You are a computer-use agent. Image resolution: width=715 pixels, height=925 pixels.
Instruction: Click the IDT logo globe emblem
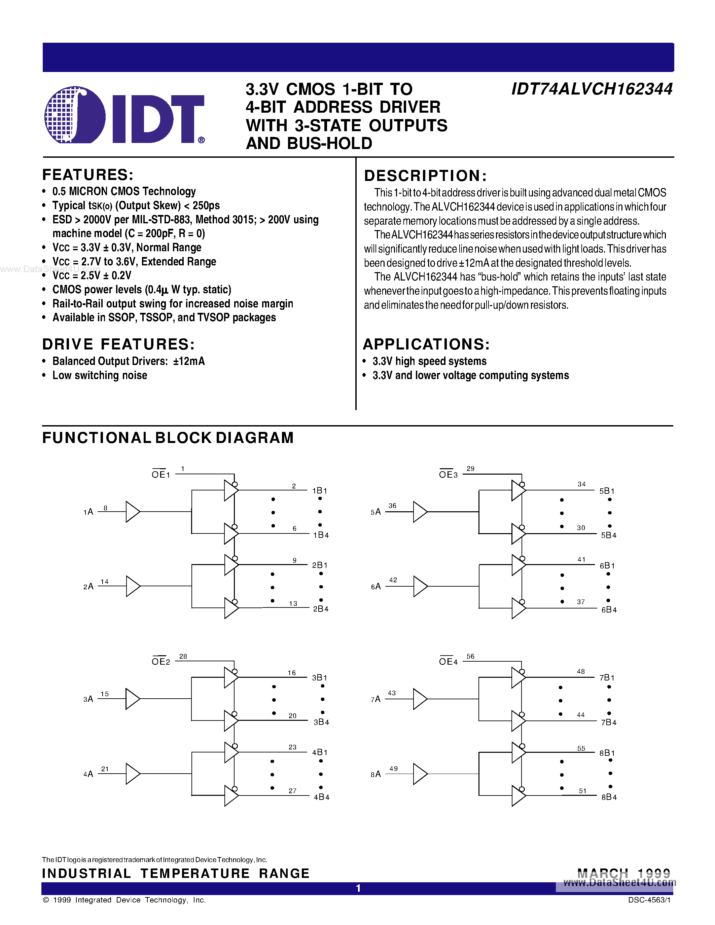pos(75,114)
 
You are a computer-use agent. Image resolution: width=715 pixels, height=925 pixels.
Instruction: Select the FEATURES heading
pos(88,175)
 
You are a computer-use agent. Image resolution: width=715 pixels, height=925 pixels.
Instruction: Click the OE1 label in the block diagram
pos(161,474)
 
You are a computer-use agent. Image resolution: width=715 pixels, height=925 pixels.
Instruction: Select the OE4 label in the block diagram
pos(448,662)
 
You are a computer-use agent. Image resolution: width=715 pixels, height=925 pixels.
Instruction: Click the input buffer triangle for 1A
pos(132,512)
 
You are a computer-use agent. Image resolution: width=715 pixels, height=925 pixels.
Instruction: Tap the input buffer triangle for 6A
pos(420,586)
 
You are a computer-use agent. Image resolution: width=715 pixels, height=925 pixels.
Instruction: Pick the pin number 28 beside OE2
pos(183,656)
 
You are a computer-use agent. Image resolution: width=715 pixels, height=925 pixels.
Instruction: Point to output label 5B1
pos(607,491)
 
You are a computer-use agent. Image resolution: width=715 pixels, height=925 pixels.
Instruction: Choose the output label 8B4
pos(609,797)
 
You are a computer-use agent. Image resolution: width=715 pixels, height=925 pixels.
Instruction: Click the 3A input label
pos(88,699)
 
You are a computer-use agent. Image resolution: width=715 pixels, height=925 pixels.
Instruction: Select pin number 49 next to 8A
pos(394,768)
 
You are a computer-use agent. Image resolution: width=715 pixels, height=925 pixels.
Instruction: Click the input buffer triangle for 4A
pos(132,774)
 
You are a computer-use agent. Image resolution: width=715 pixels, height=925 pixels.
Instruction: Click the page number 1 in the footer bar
pos(358,888)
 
